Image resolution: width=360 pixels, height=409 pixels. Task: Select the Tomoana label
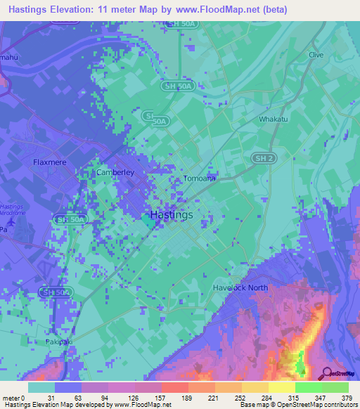click(x=200, y=178)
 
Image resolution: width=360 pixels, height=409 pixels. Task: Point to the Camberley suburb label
click(x=115, y=171)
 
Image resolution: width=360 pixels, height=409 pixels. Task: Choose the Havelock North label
click(x=242, y=287)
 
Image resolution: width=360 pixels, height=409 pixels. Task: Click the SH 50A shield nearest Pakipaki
click(x=56, y=292)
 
